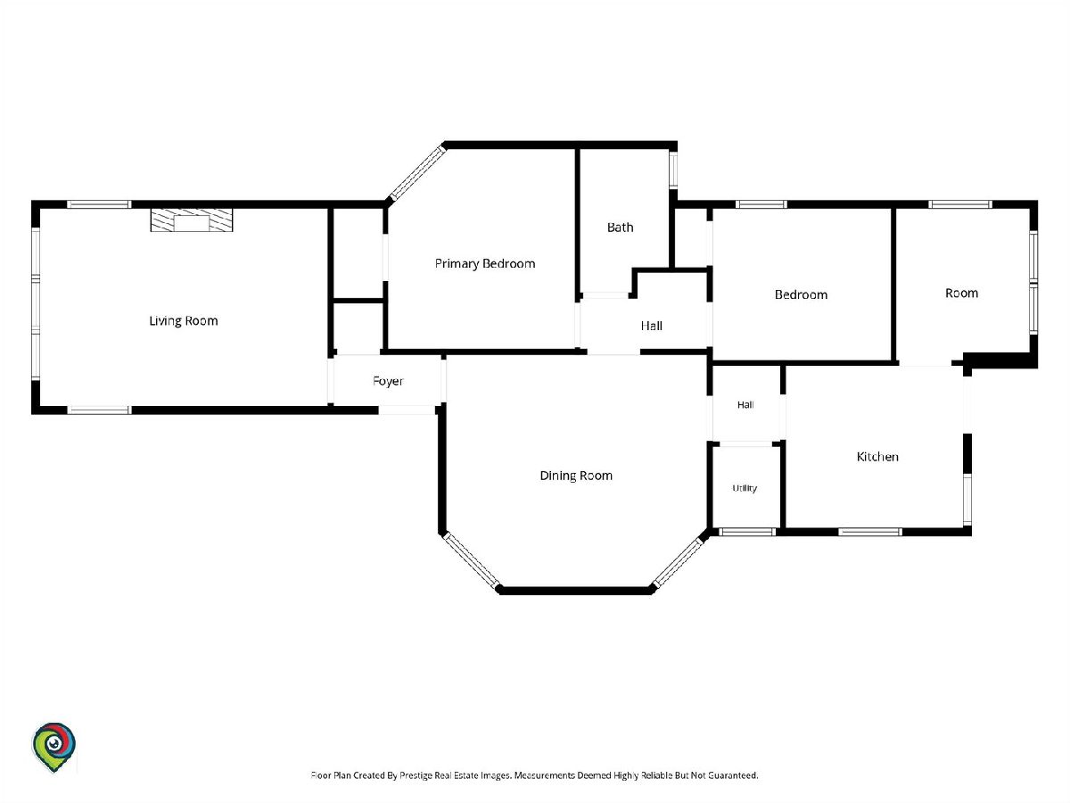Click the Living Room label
click(x=184, y=321)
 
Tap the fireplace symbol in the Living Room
click(x=192, y=219)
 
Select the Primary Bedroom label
click(x=485, y=264)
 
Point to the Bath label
click(x=620, y=228)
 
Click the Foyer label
click(x=388, y=381)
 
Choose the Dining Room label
click(x=576, y=476)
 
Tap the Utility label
click(x=745, y=488)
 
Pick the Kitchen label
click(x=877, y=456)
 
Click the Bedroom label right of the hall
click(x=801, y=294)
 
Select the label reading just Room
click(x=961, y=293)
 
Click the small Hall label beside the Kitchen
click(x=745, y=404)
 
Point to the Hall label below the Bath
click(x=651, y=326)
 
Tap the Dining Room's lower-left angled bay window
click(x=472, y=560)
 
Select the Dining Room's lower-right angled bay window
click(x=679, y=560)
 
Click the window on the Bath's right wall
click(x=672, y=170)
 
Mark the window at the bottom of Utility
click(x=747, y=532)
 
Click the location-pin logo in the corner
click(x=53, y=747)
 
